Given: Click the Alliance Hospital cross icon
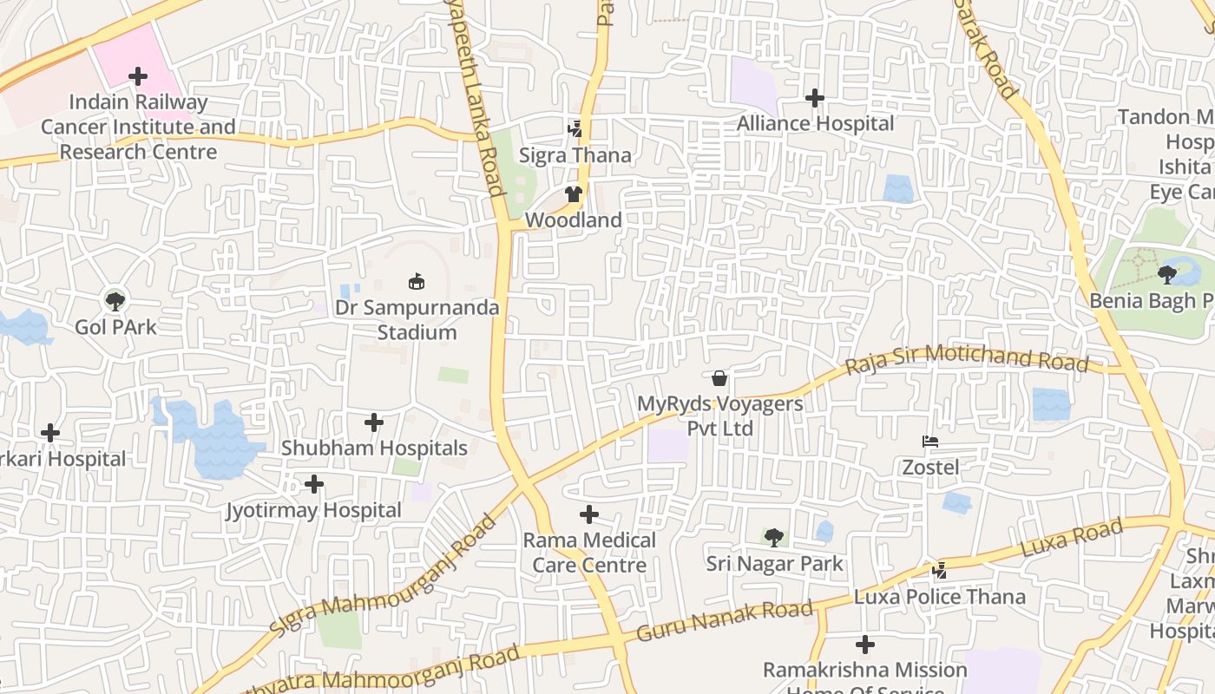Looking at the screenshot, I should (814, 98).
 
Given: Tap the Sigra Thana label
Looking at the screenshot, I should (575, 155).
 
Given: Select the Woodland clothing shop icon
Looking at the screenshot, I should (573, 194).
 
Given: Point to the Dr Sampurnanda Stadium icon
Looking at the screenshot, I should (417, 281).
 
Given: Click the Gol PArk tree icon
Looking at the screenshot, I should (115, 301).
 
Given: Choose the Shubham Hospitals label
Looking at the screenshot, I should (374, 448).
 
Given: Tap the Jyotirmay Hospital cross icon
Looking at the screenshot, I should (314, 484).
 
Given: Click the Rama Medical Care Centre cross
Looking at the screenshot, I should (589, 515).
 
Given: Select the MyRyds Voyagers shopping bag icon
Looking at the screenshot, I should (719, 378).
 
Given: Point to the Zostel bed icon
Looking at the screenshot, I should (930, 442).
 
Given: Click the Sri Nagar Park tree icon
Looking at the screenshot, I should (773, 538).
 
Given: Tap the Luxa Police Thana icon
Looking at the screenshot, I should (939, 571).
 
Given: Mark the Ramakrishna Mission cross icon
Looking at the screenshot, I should (865, 645).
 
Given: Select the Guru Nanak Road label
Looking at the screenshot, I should (725, 621).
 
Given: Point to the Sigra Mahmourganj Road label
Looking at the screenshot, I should (382, 574).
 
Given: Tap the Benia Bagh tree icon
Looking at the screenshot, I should (1167, 275).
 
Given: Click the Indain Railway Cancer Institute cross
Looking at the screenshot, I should (138, 76).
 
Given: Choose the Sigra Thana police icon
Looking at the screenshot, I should (575, 129).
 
